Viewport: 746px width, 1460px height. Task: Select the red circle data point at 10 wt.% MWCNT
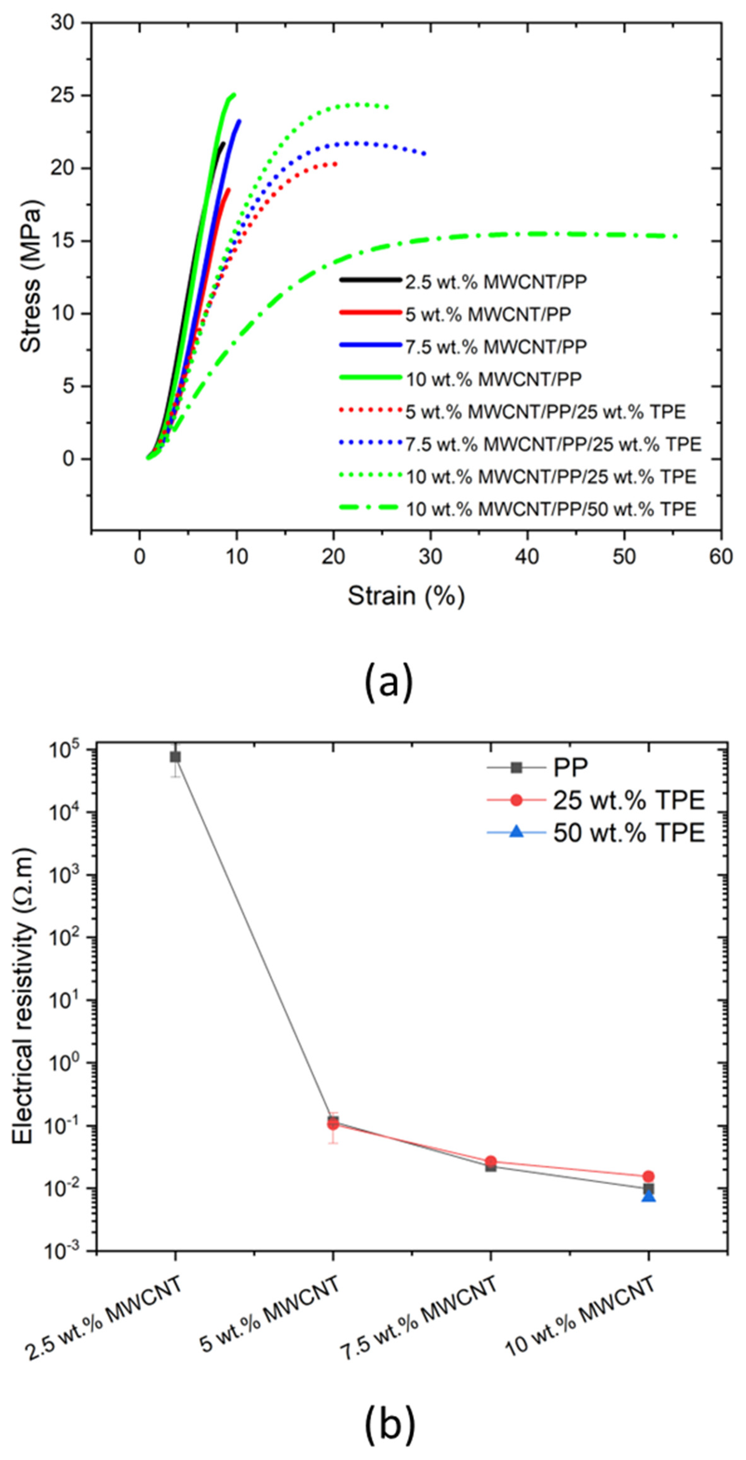coord(649,1176)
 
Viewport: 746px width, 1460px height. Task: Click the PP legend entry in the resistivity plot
coord(570,767)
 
